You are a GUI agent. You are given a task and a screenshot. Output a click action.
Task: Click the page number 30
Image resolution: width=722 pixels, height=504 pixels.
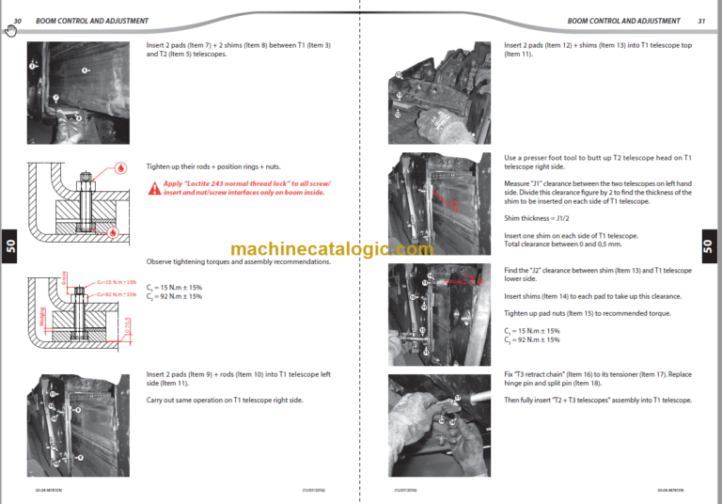click(17, 21)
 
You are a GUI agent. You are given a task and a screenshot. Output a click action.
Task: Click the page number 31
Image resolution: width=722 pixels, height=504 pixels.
click(700, 21)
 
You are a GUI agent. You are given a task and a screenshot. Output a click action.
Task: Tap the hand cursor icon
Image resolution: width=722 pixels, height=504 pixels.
click(10, 31)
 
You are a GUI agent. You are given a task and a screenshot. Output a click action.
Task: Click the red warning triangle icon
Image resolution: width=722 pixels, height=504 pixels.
click(153, 187)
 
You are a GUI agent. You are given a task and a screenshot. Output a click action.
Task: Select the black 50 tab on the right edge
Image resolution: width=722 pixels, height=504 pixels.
click(708, 246)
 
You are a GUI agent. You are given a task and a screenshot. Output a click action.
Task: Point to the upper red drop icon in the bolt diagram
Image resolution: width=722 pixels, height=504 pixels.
click(119, 168)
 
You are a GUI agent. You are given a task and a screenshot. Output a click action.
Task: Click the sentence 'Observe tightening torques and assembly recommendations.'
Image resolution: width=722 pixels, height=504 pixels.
click(239, 261)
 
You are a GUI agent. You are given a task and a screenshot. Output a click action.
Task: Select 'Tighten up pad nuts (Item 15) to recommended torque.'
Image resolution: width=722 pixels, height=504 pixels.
click(587, 312)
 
